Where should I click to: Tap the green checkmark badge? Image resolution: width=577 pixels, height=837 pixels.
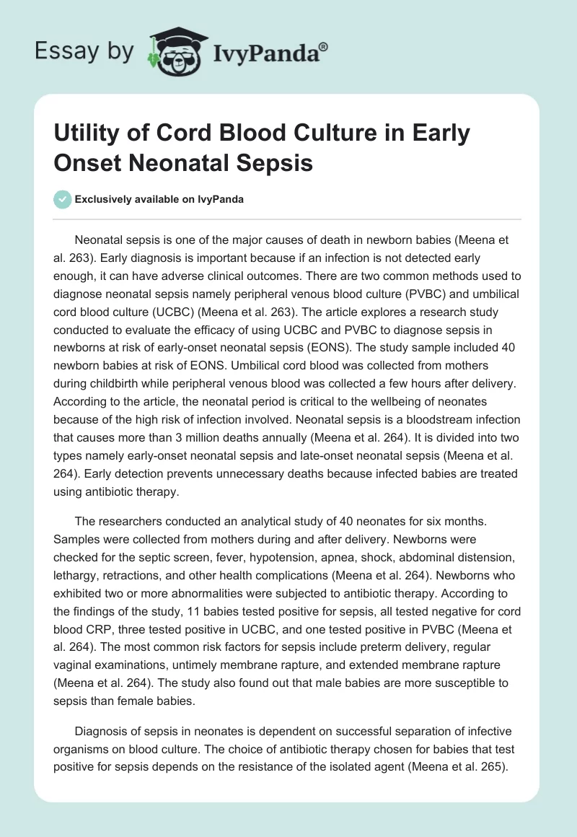point(63,199)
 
